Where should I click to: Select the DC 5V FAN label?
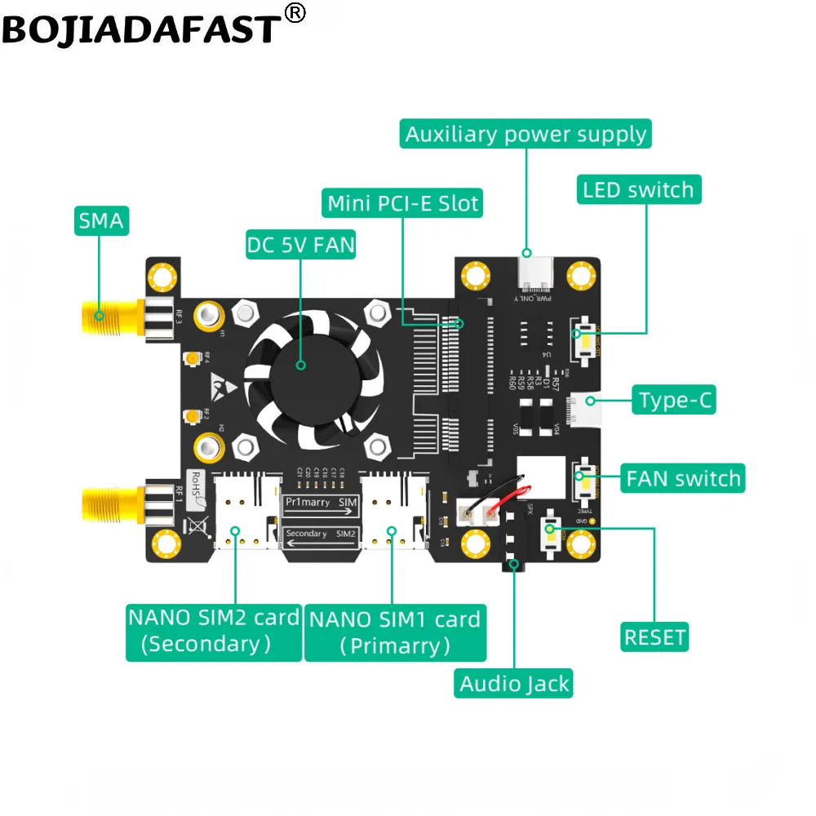[300, 245]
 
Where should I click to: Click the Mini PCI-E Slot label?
[402, 202]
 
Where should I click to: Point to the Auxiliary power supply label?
[526, 134]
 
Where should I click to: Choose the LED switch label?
[638, 190]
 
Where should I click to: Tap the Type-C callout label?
[676, 401]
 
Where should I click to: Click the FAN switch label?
[683, 478]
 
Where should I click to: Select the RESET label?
[654, 636]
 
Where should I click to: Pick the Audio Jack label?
[514, 684]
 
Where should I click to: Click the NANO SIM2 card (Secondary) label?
[212, 631]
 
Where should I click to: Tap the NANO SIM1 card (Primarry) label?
[395, 632]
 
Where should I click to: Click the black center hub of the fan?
[300, 365]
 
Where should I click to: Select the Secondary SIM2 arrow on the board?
[321, 536]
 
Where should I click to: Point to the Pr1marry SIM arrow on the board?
[321, 507]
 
